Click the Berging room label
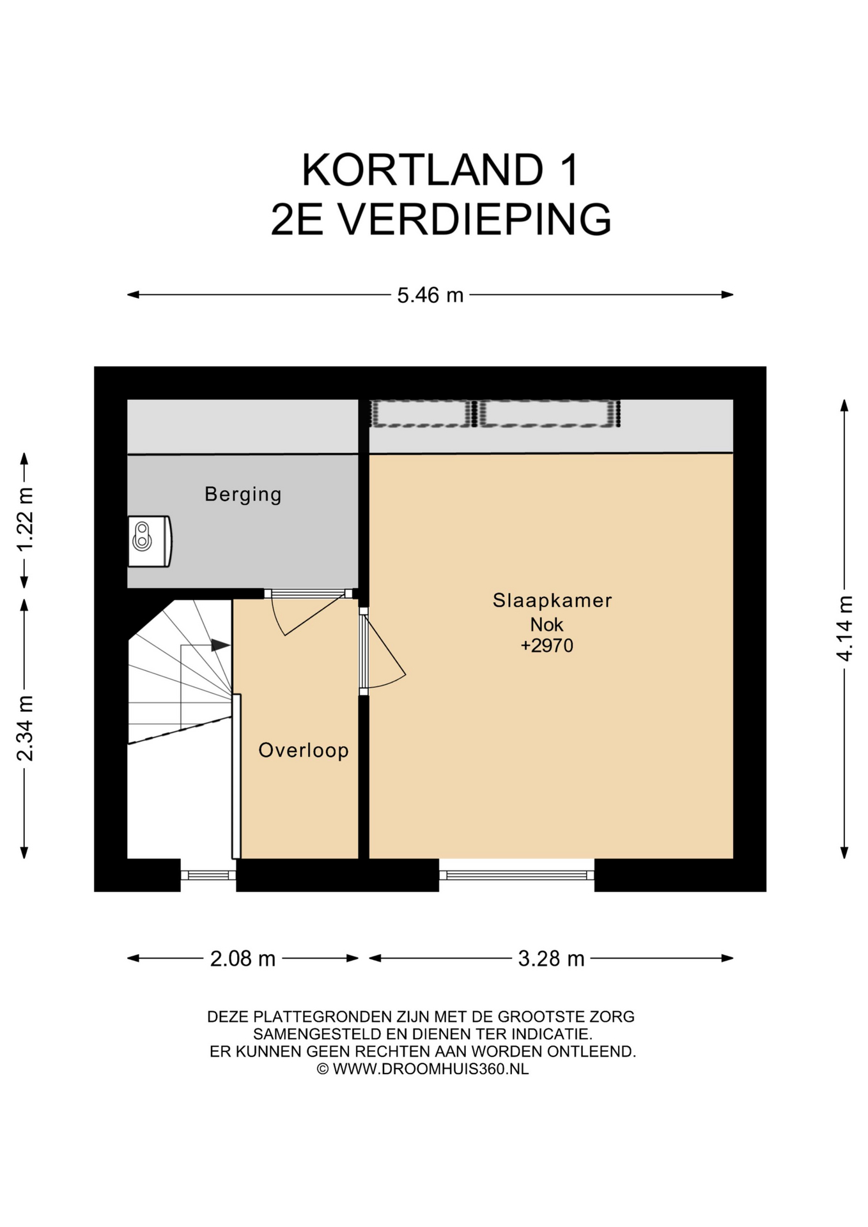pos(243,495)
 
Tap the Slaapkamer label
pos(552,600)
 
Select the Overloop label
pos(304,750)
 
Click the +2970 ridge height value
pos(547,645)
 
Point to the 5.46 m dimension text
pos(430,295)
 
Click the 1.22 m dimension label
pos(25,520)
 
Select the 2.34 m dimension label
pos(25,729)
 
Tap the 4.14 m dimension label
pos(844,629)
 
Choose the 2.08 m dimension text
pos(243,959)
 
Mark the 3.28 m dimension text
pos(551,959)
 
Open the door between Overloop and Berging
pos(308,612)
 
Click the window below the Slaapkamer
pos(516,875)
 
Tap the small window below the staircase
pos(208,875)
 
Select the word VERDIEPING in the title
pos(474,219)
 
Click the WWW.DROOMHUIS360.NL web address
pos(431,1069)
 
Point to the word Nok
pos(546,624)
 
